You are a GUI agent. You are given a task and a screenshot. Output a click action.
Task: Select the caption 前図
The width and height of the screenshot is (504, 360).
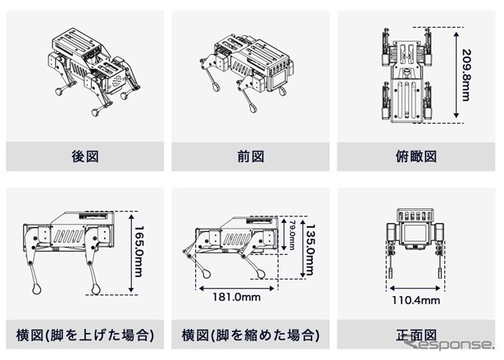click(250, 154)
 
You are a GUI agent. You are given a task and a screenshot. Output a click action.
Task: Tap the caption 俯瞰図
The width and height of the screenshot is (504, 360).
click(418, 154)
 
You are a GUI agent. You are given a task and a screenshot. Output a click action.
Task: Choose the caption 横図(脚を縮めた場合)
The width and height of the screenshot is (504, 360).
click(250, 335)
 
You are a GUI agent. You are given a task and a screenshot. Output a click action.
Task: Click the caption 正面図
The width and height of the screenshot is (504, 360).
click(418, 335)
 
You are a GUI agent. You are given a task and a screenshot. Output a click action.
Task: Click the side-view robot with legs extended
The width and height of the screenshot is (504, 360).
click(70, 246)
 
